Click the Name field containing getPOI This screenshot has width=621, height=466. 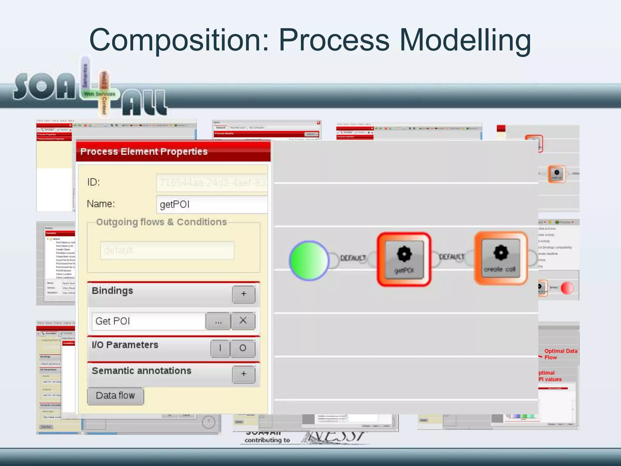[x=212, y=204]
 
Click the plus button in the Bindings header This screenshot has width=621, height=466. [x=243, y=294]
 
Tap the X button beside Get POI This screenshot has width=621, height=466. [x=243, y=321]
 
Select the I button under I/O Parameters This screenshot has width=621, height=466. [x=220, y=348]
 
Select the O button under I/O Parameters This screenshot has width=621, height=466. [x=243, y=348]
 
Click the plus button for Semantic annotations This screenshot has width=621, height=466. [x=243, y=374]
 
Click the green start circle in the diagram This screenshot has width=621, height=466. [x=309, y=260]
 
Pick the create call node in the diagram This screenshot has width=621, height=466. [x=501, y=258]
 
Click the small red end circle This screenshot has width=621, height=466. [x=567, y=288]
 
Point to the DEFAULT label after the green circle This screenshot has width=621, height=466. [x=353, y=258]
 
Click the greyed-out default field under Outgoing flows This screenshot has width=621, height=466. [x=167, y=250]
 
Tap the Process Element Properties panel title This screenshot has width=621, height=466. [x=144, y=151]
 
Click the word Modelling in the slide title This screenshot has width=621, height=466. [x=465, y=40]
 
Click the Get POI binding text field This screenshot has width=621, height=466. [x=149, y=321]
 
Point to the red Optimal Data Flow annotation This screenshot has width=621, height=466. [x=560, y=354]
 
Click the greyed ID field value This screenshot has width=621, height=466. [x=212, y=183]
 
